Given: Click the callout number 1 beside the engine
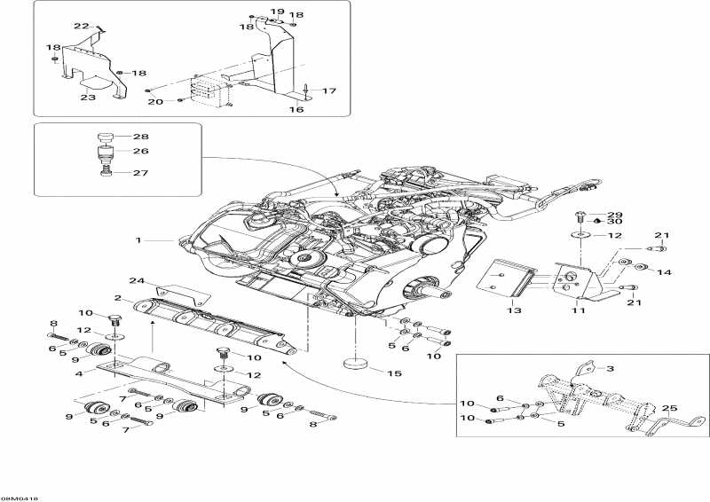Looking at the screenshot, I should click(138, 240).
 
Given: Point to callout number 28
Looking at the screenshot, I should click(141, 137).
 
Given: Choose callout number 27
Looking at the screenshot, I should click(141, 173).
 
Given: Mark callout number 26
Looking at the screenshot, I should click(141, 151).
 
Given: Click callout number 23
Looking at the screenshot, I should click(88, 98).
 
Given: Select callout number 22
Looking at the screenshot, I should click(81, 26).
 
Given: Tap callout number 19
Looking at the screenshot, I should click(277, 12).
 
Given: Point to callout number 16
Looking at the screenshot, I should click(296, 110).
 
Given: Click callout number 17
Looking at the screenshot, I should click(328, 91).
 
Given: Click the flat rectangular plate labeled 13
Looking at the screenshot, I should click(503, 278).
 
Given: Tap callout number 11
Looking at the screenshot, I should click(579, 311).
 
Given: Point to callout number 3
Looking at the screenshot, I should click(610, 366).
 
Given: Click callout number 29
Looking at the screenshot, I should click(614, 216).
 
